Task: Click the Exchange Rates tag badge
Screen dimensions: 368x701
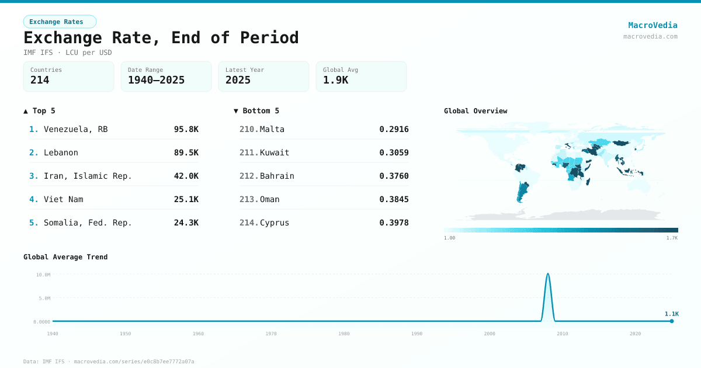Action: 60,22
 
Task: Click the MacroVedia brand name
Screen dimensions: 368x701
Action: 653,25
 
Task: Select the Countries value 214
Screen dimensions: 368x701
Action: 40,80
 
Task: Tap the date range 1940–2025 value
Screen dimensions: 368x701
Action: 156,80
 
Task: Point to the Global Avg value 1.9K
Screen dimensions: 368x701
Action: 335,80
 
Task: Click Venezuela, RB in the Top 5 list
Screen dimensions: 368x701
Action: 75,129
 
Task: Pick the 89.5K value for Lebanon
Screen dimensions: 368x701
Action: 186,152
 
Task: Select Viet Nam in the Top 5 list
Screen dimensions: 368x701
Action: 63,199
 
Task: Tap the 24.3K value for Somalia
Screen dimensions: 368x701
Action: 186,223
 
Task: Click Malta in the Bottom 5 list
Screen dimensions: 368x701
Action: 272,129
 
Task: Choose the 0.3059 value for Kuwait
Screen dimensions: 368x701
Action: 394,152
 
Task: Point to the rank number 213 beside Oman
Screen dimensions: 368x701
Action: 249,199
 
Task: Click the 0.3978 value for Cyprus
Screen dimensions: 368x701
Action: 394,223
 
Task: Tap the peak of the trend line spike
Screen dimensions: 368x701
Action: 547,273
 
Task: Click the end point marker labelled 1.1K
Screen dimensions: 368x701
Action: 672,321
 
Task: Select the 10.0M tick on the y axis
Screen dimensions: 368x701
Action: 43,275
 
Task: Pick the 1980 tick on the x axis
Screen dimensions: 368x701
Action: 343,334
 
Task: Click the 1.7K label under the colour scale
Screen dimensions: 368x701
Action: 672,238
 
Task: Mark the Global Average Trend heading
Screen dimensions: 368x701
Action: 65,257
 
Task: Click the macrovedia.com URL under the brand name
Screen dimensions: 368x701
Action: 650,36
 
